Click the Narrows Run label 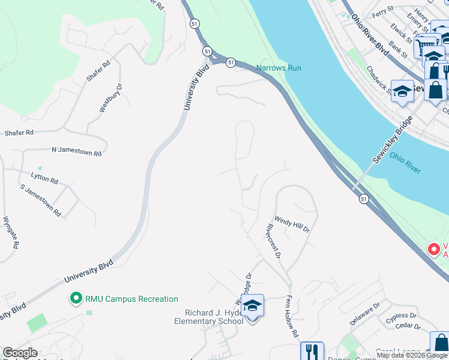click(x=279, y=68)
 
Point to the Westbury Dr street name click(x=111, y=98)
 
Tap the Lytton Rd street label click(x=44, y=178)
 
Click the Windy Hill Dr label click(x=292, y=224)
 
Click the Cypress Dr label click(x=401, y=316)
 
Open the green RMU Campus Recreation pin click(x=76, y=298)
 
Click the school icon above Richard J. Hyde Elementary click(x=253, y=305)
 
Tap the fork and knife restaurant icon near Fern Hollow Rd click(x=312, y=351)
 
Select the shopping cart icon click(x=425, y=46)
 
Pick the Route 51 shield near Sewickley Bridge click(x=364, y=199)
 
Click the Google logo click(x=20, y=353)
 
